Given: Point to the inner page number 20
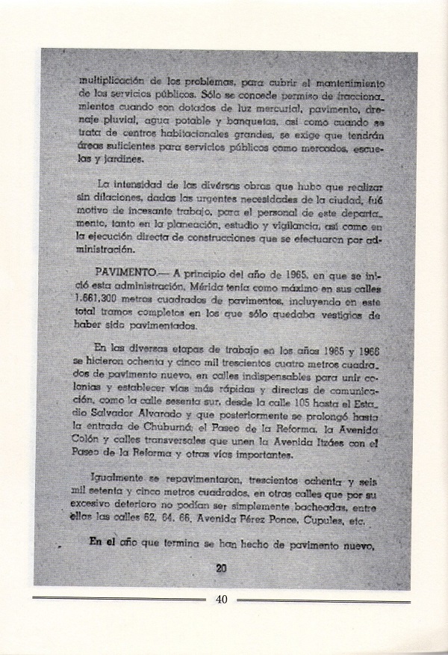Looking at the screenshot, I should (x=220, y=568).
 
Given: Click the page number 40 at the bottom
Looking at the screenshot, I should (x=221, y=599).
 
